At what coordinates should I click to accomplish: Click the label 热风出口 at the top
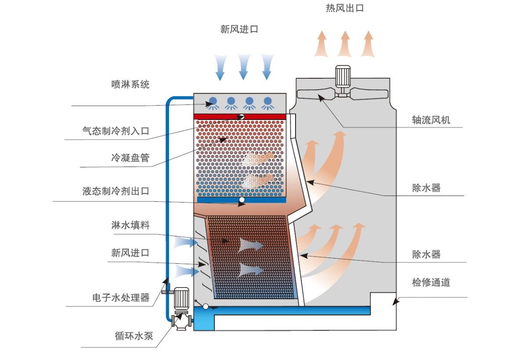[x=345, y=8]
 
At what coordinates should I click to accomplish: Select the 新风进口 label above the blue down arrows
[x=239, y=29]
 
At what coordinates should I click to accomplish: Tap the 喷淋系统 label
[x=130, y=84]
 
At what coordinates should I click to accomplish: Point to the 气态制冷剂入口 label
[x=116, y=131]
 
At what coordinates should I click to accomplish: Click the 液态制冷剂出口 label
[x=116, y=191]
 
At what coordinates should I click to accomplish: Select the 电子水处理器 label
[x=121, y=298]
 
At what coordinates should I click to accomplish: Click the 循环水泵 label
[x=134, y=336]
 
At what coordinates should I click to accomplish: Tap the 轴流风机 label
[x=431, y=120]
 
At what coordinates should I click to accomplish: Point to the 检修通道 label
[x=431, y=282]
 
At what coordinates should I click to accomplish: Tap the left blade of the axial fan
[x=317, y=94]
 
